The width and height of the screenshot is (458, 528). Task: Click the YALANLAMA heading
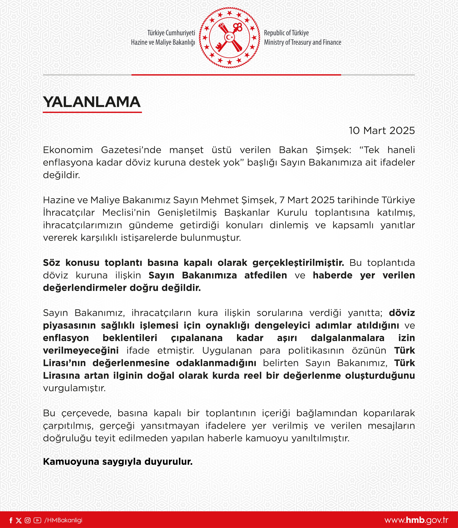tap(92, 102)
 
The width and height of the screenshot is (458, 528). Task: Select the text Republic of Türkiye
tap(286, 33)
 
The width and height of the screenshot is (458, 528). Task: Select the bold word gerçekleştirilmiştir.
tap(298, 263)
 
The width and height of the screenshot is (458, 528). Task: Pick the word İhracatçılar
tap(69, 213)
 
